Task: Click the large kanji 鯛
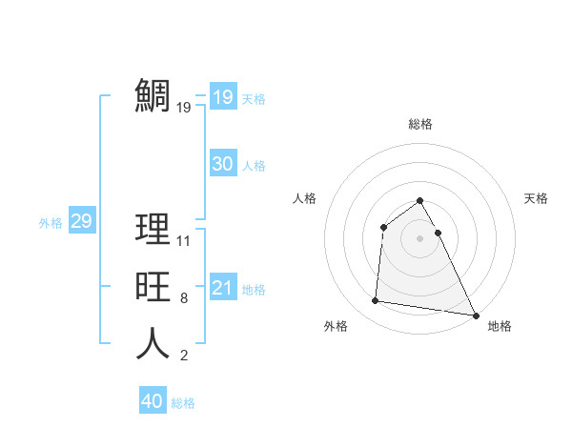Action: point(153,95)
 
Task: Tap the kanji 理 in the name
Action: point(153,229)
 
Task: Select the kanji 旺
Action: point(153,287)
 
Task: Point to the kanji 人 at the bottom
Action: point(153,344)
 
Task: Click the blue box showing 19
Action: point(223,97)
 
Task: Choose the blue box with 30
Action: point(223,164)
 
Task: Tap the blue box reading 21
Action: point(223,288)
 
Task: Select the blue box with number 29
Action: point(81,221)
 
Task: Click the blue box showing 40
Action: point(153,401)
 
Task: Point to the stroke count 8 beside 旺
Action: point(183,298)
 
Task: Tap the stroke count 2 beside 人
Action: point(183,356)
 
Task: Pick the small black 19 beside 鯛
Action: point(184,108)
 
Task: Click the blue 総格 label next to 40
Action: point(183,403)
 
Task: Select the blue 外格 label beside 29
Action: point(51,223)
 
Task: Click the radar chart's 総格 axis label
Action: point(419,124)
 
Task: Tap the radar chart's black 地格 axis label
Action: point(500,326)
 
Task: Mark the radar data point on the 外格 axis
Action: point(376,301)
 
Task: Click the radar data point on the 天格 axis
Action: point(438,233)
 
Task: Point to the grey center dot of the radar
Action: point(419,238)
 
